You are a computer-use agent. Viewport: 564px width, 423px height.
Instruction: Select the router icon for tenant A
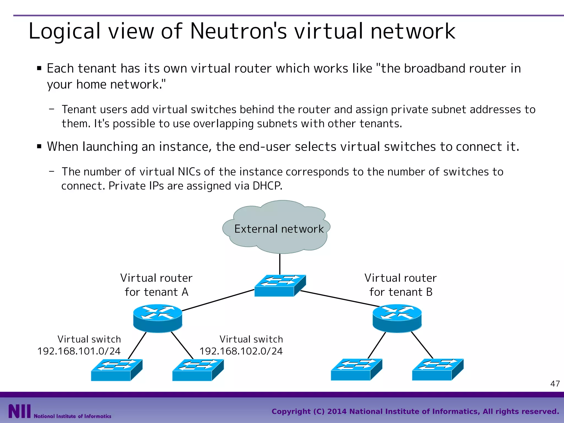point(158,318)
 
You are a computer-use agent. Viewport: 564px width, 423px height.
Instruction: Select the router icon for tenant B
point(397,318)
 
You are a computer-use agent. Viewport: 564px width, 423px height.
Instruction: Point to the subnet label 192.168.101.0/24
point(79,351)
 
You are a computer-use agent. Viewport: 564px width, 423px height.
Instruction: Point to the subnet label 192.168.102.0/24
point(241,351)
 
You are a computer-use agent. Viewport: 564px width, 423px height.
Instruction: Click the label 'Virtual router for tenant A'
point(156,285)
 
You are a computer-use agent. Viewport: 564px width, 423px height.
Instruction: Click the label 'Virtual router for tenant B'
point(401,285)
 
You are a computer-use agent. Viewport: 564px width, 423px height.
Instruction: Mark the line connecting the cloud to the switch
point(280,264)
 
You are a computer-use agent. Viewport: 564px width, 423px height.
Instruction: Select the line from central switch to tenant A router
point(218,300)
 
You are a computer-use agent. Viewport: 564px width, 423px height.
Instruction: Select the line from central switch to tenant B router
point(340,299)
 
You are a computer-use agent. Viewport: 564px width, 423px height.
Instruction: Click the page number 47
point(555,384)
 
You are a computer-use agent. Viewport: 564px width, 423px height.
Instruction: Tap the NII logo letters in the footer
point(19,411)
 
